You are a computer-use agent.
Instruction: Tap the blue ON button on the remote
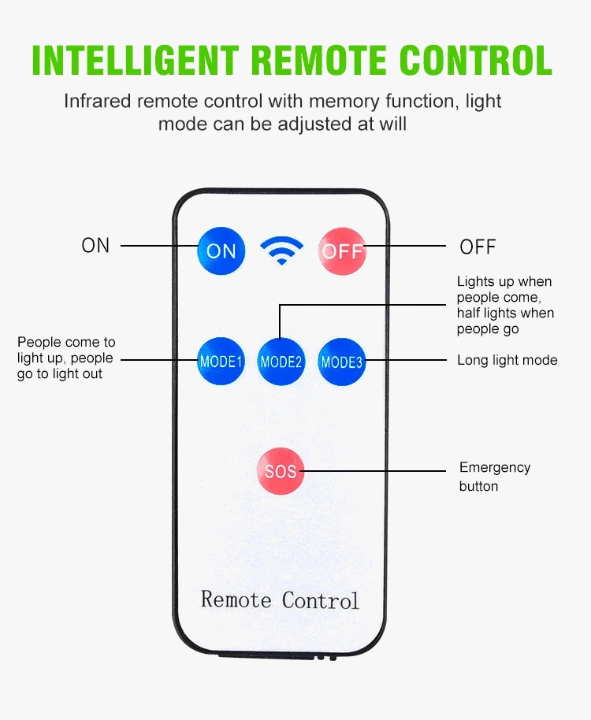[x=221, y=251]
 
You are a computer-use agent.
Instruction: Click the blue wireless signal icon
[x=281, y=251]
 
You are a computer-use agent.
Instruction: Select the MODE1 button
[x=221, y=362]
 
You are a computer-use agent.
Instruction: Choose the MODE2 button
[x=281, y=362]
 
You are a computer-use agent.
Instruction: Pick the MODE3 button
[x=341, y=362]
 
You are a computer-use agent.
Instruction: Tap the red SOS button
[x=281, y=471]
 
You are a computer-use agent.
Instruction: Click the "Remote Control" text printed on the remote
[x=280, y=599]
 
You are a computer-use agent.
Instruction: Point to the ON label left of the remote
[x=95, y=245]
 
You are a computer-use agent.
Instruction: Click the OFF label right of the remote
[x=478, y=247]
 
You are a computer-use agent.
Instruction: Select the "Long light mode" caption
[x=507, y=360]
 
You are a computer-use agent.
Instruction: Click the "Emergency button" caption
[x=494, y=477]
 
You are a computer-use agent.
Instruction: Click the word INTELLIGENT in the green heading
[x=136, y=61]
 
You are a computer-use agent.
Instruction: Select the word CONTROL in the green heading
[x=476, y=61]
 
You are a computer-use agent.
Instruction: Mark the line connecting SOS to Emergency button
[x=374, y=471]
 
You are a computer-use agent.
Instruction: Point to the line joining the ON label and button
[x=158, y=246]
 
